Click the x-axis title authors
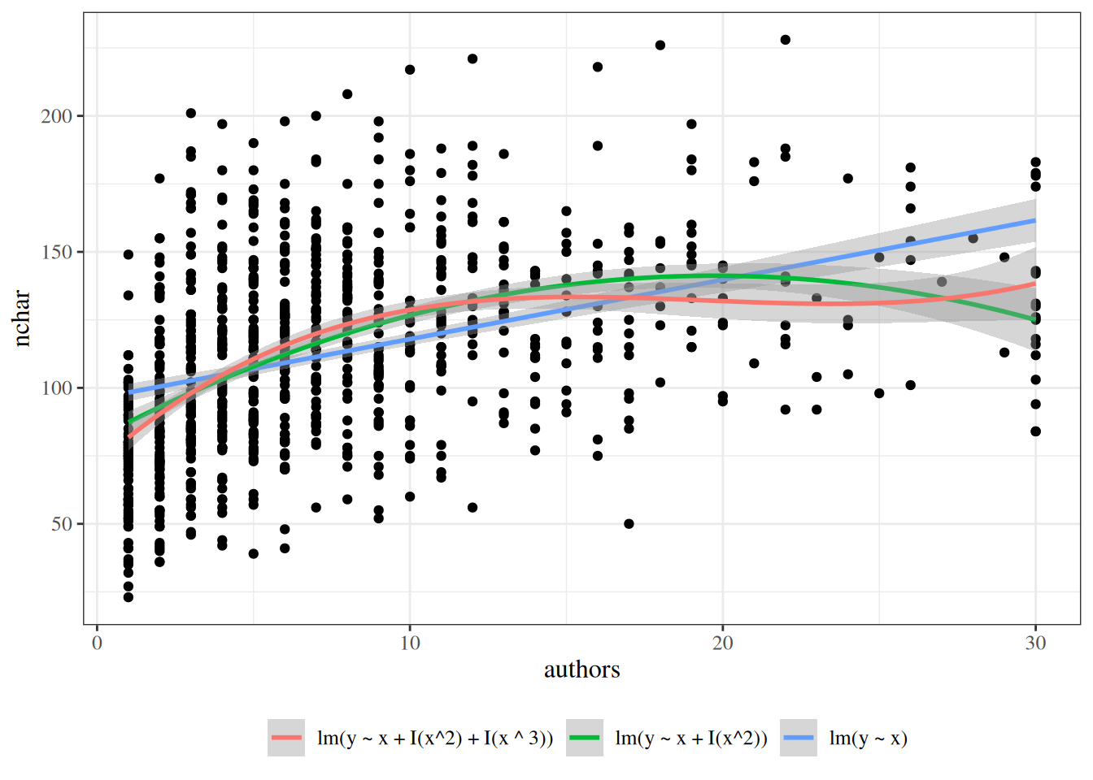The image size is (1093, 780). pos(581,669)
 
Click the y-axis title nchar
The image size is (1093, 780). pos(21,318)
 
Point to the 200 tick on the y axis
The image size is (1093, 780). pos(57,116)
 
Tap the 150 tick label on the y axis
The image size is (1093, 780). pos(57,252)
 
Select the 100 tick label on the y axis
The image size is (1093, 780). pos(57,388)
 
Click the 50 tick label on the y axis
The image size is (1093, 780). pos(62,524)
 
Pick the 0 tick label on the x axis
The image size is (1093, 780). pos(98,643)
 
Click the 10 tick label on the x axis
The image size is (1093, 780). pos(410,643)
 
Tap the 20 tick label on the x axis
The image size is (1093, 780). pos(722,643)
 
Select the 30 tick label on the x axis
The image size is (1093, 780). pos(1035,643)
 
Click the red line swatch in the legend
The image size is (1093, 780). pos(286,738)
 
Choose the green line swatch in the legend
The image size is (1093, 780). pos(585,738)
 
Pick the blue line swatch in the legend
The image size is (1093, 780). pos(799,738)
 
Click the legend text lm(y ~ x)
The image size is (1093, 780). pos(868,738)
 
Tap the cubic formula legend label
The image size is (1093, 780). pos(435,738)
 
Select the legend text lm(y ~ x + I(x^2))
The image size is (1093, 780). pos(691,738)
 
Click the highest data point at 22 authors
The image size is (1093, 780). pos(786,40)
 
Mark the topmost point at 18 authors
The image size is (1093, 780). pos(660,45)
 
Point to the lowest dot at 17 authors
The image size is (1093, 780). pos(629,524)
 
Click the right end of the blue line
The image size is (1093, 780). pos(1034,220)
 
